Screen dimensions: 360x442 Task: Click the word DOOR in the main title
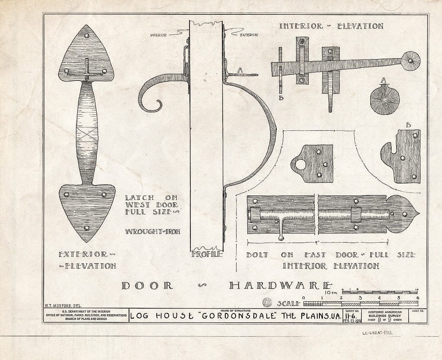pos(147,285)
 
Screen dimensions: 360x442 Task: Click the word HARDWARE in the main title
pos(281,285)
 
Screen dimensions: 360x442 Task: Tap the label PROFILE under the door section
pos(207,254)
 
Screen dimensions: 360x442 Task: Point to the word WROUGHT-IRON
pos(152,231)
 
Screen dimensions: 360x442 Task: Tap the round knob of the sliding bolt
pos(281,237)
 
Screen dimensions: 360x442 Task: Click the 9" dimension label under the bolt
pos(317,242)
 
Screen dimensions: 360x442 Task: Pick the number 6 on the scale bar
pos(417,298)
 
